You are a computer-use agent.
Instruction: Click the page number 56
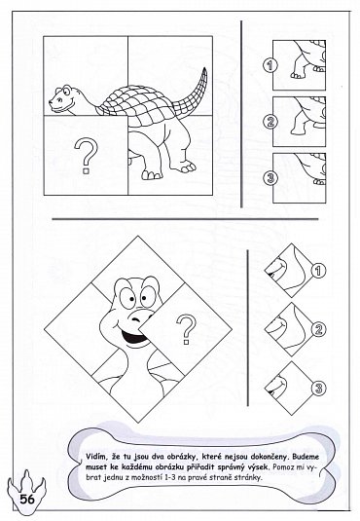(x=27, y=499)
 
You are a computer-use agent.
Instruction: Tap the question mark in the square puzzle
(x=87, y=156)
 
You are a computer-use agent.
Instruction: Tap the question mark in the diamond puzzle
(x=186, y=329)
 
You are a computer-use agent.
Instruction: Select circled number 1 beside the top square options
(x=270, y=65)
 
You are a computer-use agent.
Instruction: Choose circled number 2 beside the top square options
(x=270, y=122)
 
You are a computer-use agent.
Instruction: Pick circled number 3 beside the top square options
(x=270, y=178)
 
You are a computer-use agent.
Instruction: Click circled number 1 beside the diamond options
(x=318, y=271)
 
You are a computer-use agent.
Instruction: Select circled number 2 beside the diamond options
(x=318, y=329)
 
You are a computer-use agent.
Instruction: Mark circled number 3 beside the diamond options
(x=318, y=388)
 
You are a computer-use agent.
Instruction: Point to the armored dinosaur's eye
(x=67, y=90)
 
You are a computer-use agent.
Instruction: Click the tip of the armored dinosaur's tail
(x=205, y=68)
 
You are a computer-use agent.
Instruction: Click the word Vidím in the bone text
(x=94, y=457)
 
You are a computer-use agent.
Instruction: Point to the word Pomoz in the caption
(x=282, y=467)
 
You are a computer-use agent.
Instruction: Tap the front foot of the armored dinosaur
(x=150, y=175)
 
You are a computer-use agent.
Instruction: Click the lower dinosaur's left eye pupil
(x=132, y=299)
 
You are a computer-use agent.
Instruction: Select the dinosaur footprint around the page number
(x=26, y=491)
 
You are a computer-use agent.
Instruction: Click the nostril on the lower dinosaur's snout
(x=136, y=320)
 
